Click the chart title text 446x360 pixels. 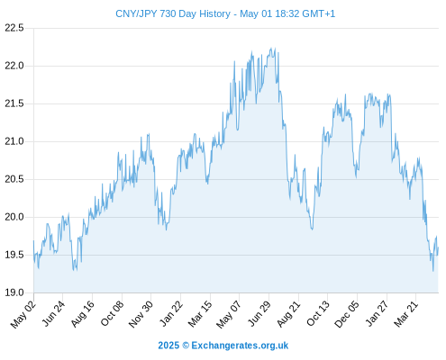coord(225,13)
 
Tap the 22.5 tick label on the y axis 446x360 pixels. coord(14,28)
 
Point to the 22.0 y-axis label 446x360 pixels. coord(14,66)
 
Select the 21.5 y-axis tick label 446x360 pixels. coord(14,103)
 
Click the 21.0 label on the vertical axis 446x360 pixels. coord(14,141)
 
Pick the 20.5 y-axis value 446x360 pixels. coord(14,179)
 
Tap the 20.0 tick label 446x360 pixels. coord(14,217)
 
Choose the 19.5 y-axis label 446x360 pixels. coord(14,255)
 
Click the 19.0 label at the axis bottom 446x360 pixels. coord(14,292)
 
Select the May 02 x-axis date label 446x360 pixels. coord(23,314)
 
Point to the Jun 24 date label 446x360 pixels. coord(53,313)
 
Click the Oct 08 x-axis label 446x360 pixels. coord(112,313)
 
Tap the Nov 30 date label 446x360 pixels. coord(141,314)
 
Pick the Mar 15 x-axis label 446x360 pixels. coord(200,314)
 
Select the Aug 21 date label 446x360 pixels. coord(288,314)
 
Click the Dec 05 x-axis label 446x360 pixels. coord(347,314)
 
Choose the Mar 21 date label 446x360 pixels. coord(406,314)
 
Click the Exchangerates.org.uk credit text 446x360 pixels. coord(240,346)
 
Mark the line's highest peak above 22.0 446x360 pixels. coord(271,48)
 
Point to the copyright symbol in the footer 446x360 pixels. coord(186,346)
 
